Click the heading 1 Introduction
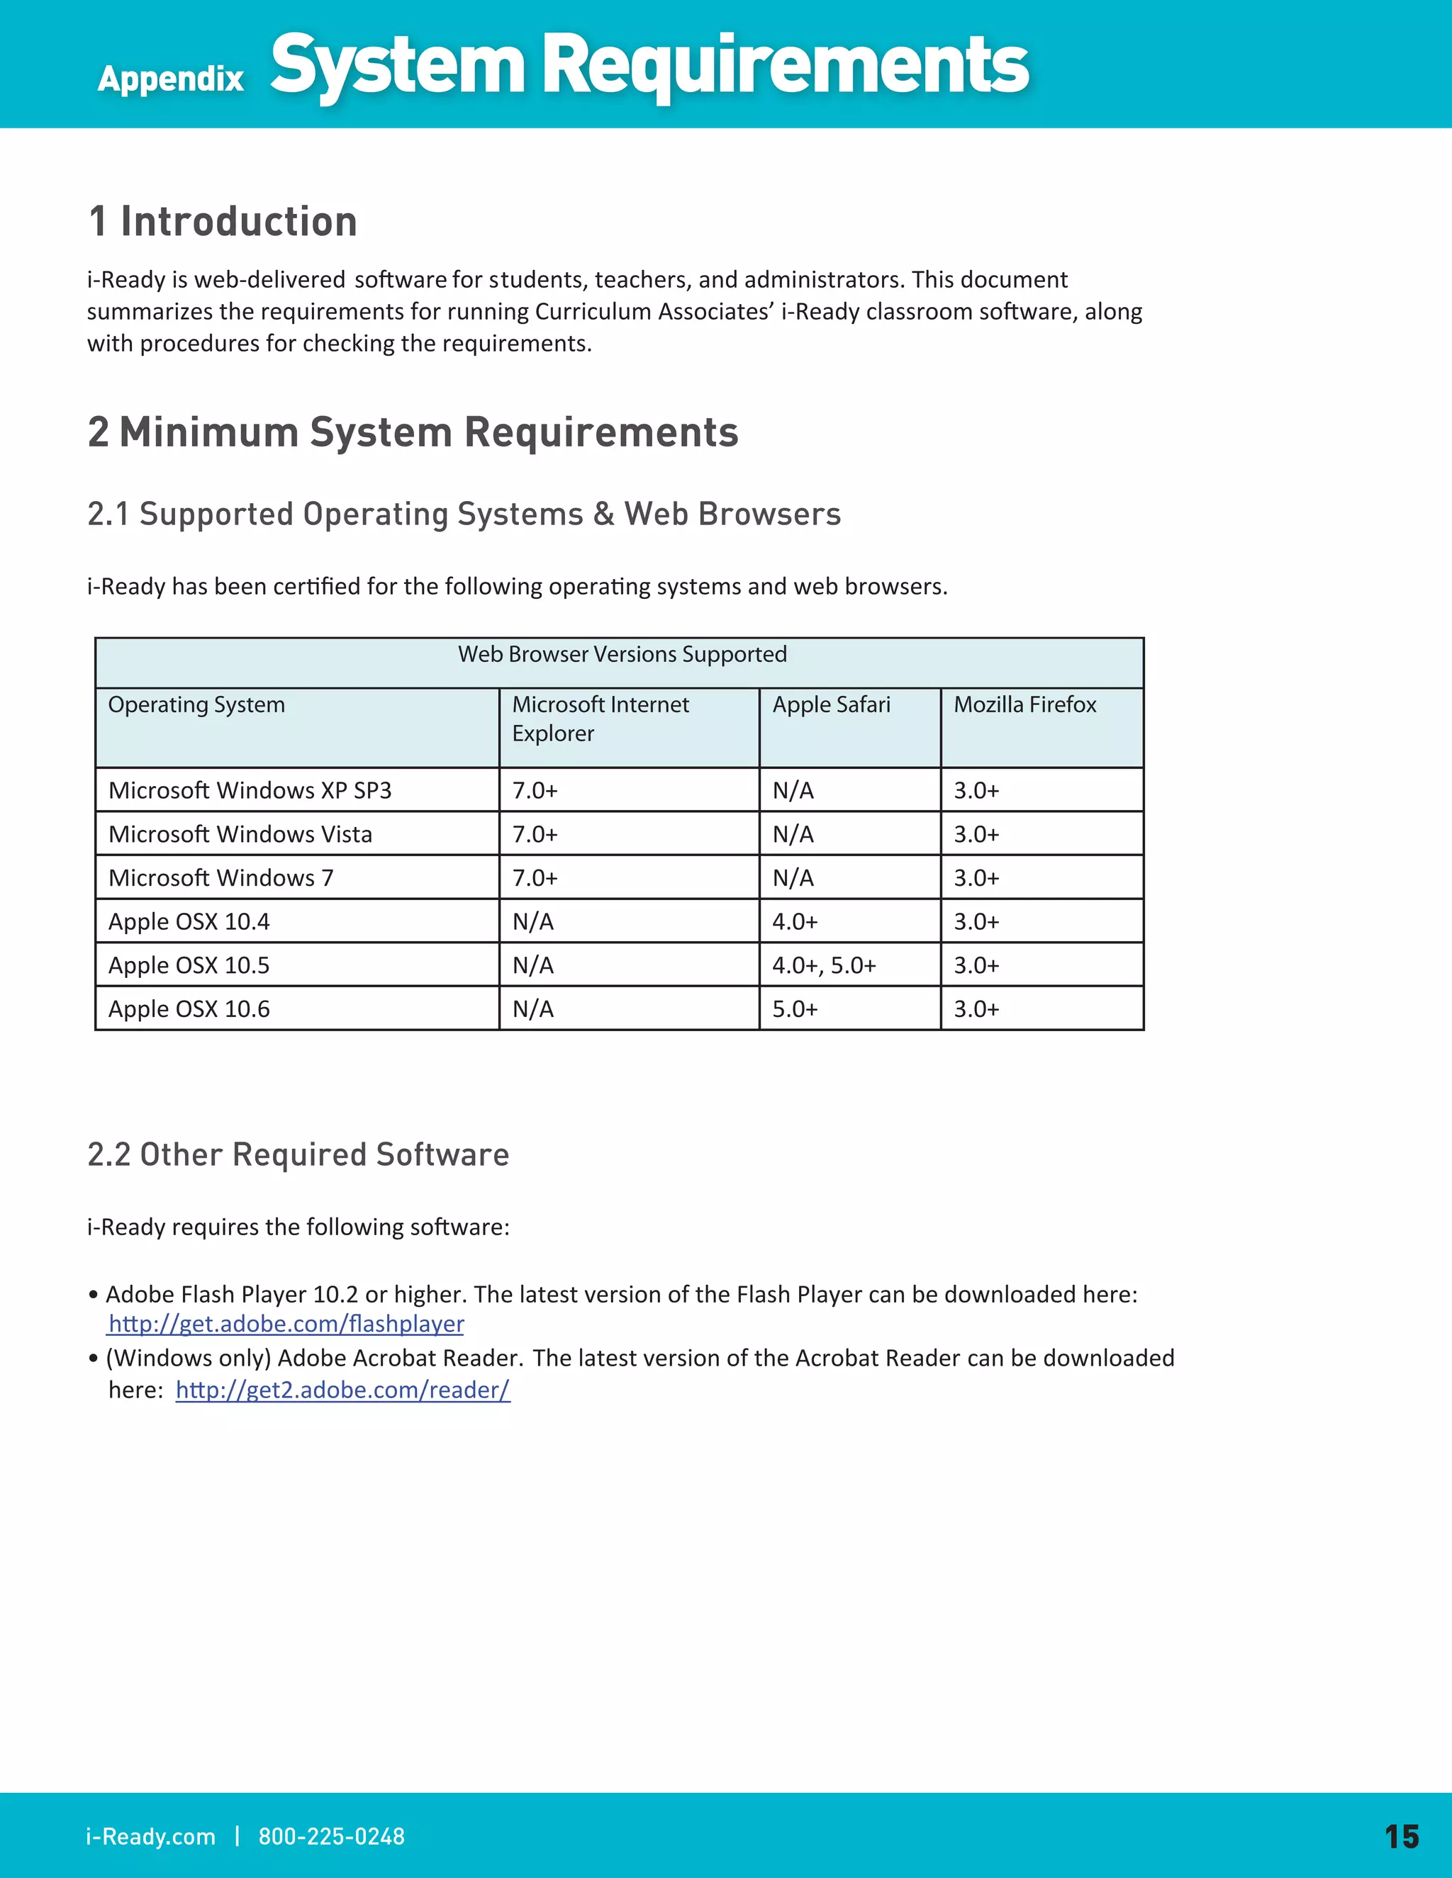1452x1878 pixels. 223,222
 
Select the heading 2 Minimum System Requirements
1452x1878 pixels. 413,432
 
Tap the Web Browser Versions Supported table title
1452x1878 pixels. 622,654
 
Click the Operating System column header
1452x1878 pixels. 196,705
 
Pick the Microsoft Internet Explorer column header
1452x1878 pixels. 600,719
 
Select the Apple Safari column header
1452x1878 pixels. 831,705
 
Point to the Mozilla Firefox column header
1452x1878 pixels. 1024,705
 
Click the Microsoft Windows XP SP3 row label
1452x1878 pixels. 250,790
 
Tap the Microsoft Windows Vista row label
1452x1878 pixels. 240,834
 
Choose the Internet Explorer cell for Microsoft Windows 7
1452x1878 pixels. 535,878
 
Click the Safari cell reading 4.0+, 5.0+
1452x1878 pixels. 824,966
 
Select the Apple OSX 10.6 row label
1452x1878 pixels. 189,1008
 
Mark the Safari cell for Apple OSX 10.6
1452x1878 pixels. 795,1008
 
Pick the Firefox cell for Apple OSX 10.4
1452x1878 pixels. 976,922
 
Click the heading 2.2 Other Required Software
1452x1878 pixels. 298,1155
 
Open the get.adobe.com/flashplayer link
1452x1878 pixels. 286,1325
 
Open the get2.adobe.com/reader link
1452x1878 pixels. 342,1390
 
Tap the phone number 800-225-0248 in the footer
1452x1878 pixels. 331,1837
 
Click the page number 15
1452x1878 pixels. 1401,1837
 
